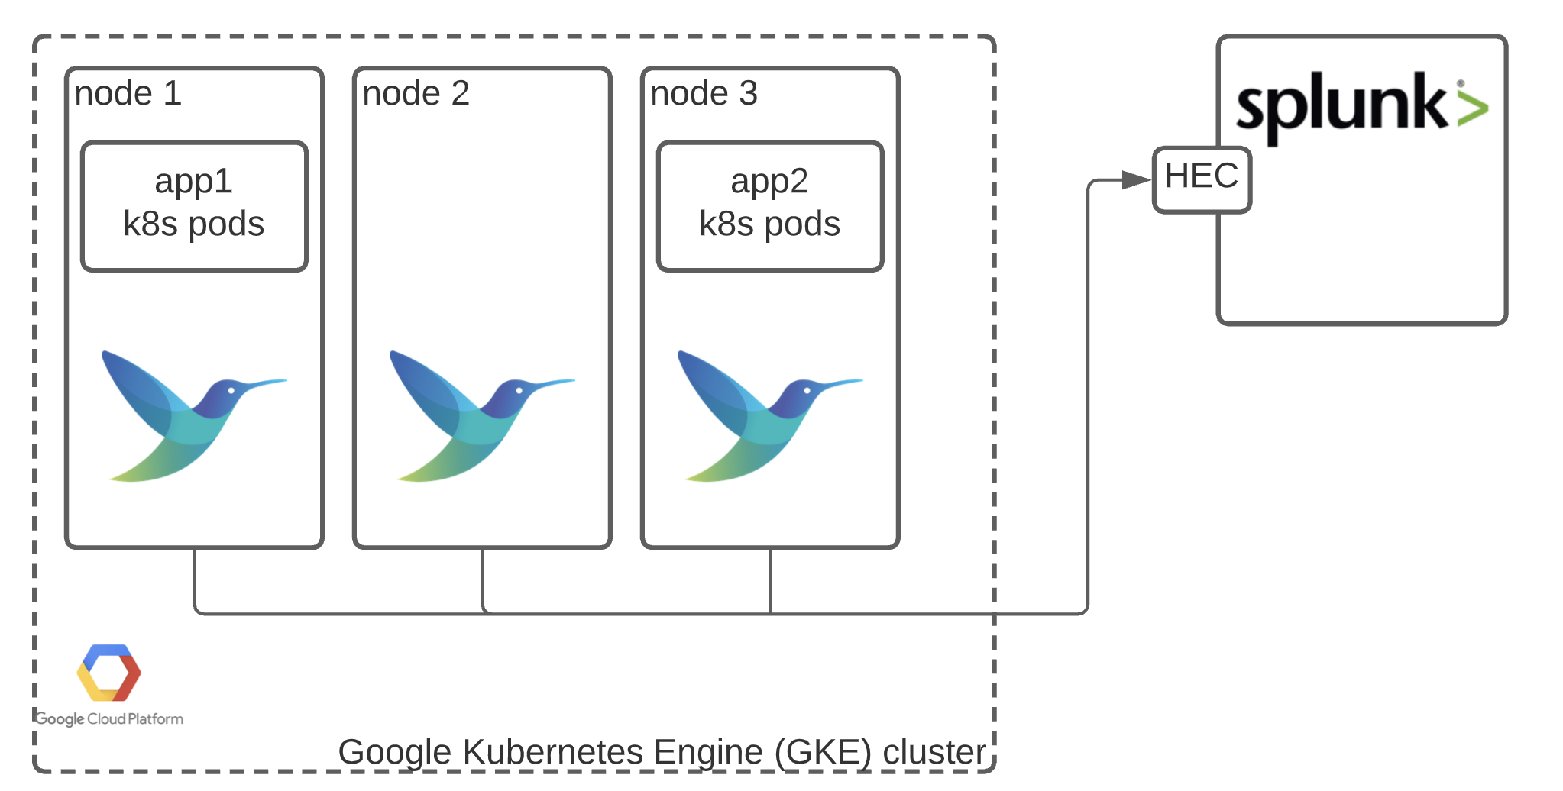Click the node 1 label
coord(128,94)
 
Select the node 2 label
coord(416,94)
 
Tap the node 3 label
coord(704,94)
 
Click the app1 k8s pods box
coord(194,205)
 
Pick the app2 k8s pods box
coord(770,205)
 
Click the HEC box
coord(1201,178)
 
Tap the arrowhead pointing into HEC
coord(1136,180)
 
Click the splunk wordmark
coord(1341,105)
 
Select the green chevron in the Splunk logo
coord(1473,107)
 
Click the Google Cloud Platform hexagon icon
coord(108,673)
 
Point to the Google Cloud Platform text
coord(109,719)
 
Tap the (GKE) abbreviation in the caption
coord(823,752)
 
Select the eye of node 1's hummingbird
coord(231,391)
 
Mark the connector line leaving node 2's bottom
coord(482,580)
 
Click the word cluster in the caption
coord(934,752)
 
